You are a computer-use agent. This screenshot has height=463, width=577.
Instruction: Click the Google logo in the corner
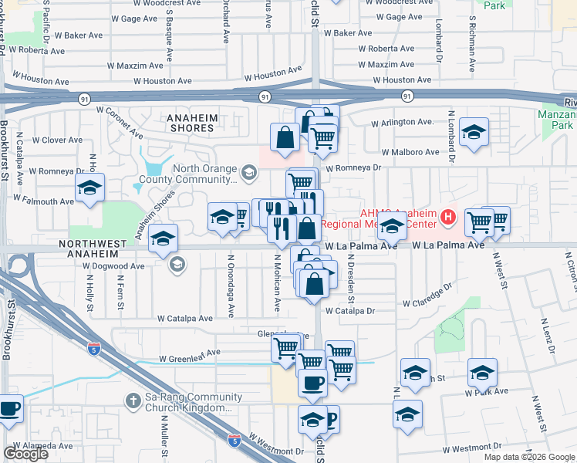25,454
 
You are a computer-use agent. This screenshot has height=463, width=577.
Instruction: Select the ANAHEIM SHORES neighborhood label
191,123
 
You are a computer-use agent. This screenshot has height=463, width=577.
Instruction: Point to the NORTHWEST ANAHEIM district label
91,243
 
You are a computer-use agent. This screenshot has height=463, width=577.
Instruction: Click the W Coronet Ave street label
116,127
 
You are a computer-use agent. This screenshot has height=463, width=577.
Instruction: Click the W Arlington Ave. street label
402,123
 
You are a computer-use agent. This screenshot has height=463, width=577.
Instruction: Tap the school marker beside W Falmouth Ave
89,188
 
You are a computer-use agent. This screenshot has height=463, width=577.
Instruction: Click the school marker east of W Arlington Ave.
474,130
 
